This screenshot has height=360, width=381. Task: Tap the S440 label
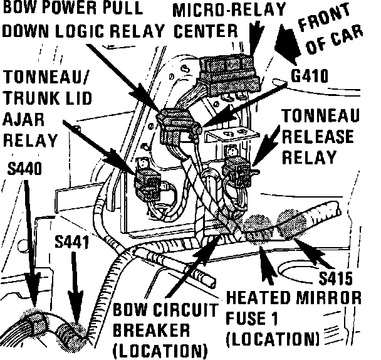coord(24,169)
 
